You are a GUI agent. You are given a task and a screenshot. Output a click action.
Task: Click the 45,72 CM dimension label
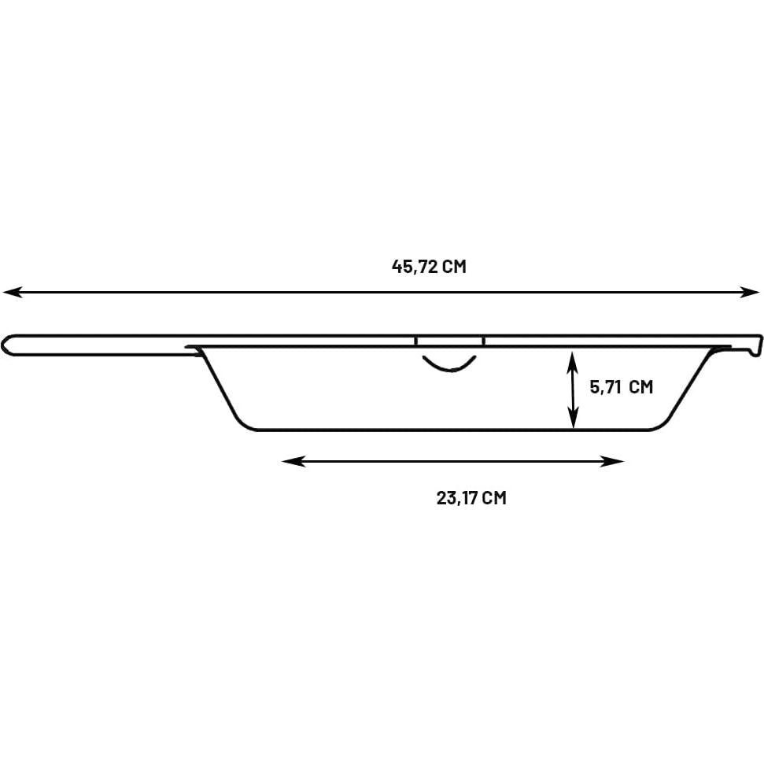429,267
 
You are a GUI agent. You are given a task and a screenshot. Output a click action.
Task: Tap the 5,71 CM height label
622,387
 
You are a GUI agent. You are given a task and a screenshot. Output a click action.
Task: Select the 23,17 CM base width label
471,498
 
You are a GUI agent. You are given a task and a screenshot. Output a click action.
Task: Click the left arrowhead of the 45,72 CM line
12,293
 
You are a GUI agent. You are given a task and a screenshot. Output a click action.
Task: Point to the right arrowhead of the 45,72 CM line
751,293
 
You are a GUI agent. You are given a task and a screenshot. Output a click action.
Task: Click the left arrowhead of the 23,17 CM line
293,461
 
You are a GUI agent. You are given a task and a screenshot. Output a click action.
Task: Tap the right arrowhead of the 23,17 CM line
612,461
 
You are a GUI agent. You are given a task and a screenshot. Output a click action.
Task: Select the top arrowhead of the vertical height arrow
574,363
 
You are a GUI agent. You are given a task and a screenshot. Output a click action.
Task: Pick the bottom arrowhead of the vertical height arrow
574,418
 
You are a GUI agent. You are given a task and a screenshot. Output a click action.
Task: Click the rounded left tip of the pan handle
4,345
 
